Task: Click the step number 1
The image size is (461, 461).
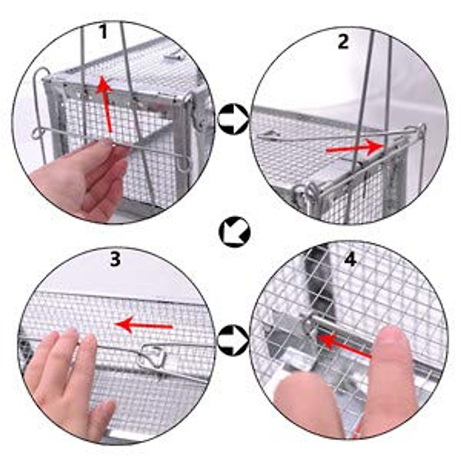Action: click(103, 32)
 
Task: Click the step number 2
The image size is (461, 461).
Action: click(343, 41)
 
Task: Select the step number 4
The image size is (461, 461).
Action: click(350, 260)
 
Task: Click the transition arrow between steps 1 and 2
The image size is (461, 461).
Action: click(232, 119)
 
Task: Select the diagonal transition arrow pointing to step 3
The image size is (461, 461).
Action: click(234, 232)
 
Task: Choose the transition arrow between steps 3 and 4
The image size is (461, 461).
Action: click(232, 340)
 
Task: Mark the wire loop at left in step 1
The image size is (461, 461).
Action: click(38, 133)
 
